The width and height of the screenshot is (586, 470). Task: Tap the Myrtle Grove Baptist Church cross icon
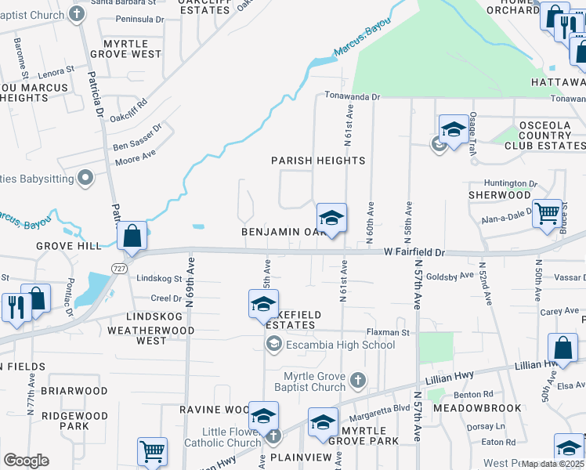[x=357, y=381]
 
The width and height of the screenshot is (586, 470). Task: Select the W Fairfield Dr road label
[x=414, y=253]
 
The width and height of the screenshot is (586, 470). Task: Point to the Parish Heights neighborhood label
[x=318, y=161]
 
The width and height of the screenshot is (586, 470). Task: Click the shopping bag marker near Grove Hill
[x=132, y=236]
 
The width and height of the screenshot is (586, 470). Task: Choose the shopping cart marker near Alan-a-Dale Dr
[x=547, y=213]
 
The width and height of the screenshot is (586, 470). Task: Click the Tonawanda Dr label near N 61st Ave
[x=353, y=97]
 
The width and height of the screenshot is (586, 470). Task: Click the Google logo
[x=26, y=460]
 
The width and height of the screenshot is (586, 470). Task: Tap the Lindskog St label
[x=159, y=278]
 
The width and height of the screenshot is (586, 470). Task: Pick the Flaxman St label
[x=389, y=333]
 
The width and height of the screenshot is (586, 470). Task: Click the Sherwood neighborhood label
[x=500, y=194]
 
